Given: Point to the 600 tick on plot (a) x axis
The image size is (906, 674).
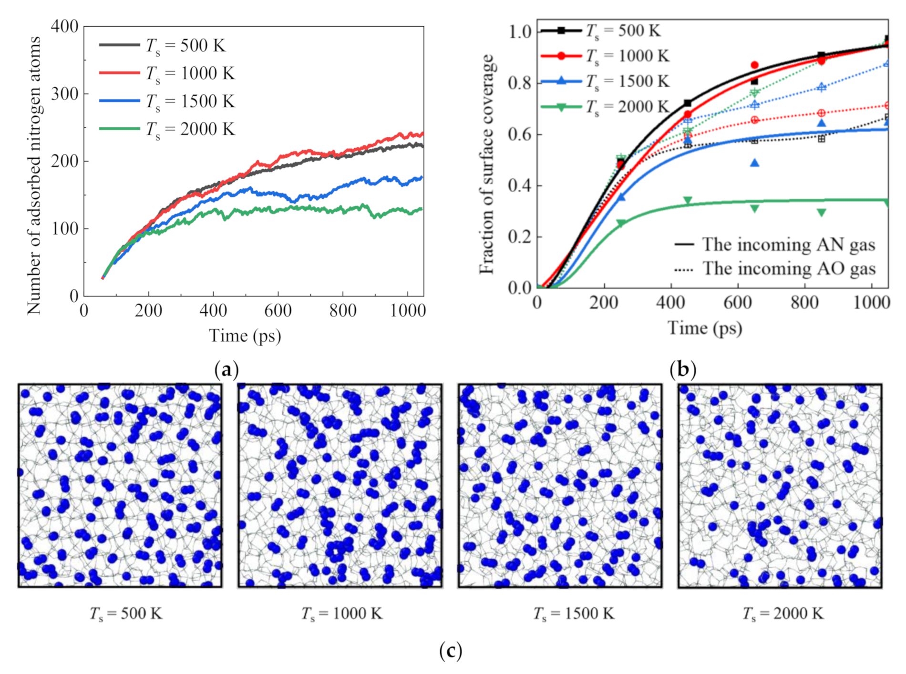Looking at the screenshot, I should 278,310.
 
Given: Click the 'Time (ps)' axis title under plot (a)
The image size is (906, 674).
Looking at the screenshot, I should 245,336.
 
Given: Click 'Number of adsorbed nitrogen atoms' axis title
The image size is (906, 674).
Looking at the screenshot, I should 33,175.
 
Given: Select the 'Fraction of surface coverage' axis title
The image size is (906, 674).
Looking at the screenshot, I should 486,164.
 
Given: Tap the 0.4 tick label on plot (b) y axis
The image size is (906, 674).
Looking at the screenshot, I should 519,185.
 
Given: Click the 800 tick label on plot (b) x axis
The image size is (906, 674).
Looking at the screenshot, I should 804,302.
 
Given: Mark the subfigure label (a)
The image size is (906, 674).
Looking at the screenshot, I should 226,369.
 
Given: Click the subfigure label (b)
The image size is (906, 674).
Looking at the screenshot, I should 683,369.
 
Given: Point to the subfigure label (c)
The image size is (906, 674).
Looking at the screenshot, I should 451,650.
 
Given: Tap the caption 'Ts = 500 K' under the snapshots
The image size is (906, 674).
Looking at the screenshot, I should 126,613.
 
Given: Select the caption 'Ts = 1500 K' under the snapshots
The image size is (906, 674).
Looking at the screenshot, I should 574,613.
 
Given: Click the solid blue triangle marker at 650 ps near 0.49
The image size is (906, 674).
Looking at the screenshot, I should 754,163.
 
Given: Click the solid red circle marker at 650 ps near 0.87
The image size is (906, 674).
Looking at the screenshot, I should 754,65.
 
